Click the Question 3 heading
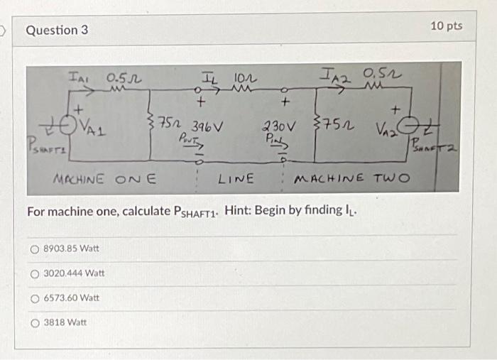(x=52, y=31)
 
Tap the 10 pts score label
(x=447, y=26)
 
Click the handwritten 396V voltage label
(x=208, y=126)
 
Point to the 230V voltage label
(x=278, y=126)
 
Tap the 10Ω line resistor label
(x=241, y=77)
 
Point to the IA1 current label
(x=78, y=75)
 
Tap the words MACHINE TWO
(x=351, y=176)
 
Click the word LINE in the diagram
(x=236, y=176)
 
